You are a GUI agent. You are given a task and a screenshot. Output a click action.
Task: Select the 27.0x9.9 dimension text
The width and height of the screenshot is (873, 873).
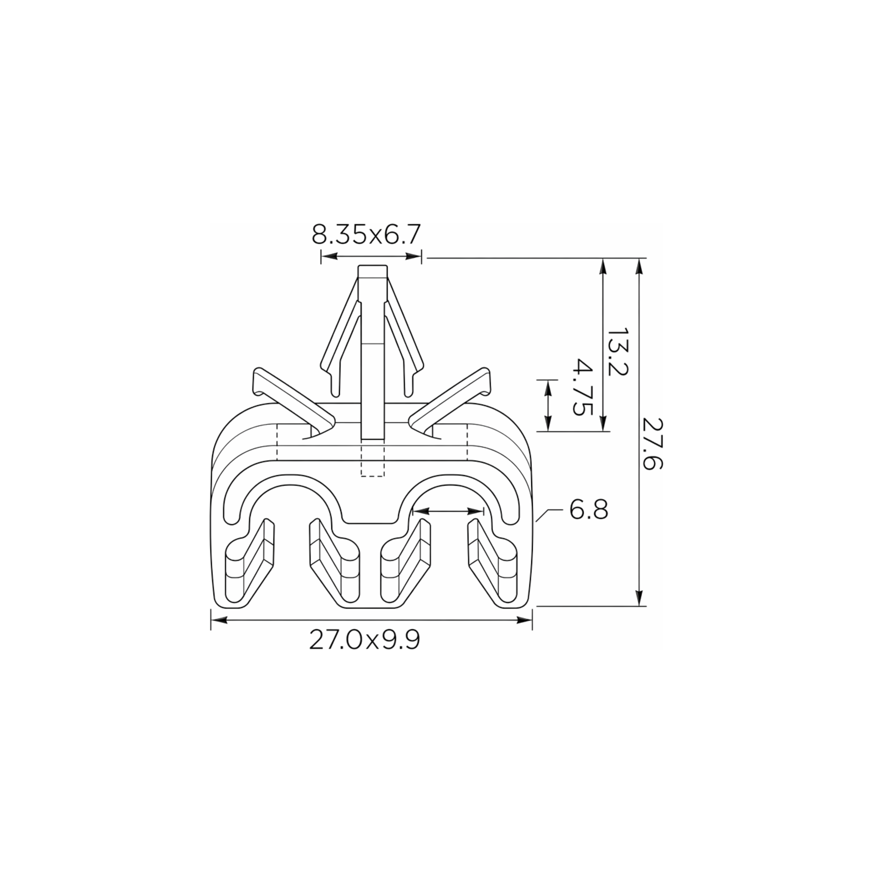[365, 640]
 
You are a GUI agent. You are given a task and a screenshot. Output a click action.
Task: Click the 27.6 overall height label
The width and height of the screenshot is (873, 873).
[652, 444]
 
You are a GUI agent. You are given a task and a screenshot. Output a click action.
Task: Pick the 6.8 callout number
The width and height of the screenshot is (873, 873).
[588, 510]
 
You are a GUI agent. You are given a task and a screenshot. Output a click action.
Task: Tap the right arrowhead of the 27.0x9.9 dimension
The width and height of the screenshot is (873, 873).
[524, 621]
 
